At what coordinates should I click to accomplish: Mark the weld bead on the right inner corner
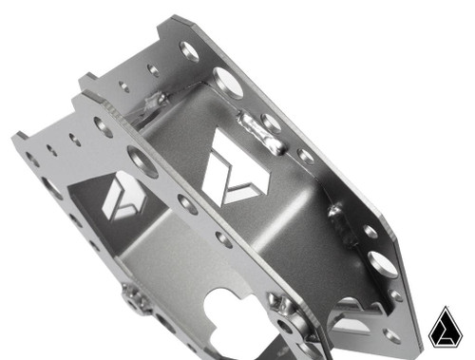click(x=334, y=211)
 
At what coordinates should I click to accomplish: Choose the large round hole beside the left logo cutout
click(x=142, y=162)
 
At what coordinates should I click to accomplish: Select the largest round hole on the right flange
click(x=384, y=262)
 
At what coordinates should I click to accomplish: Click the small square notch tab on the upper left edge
click(x=86, y=78)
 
